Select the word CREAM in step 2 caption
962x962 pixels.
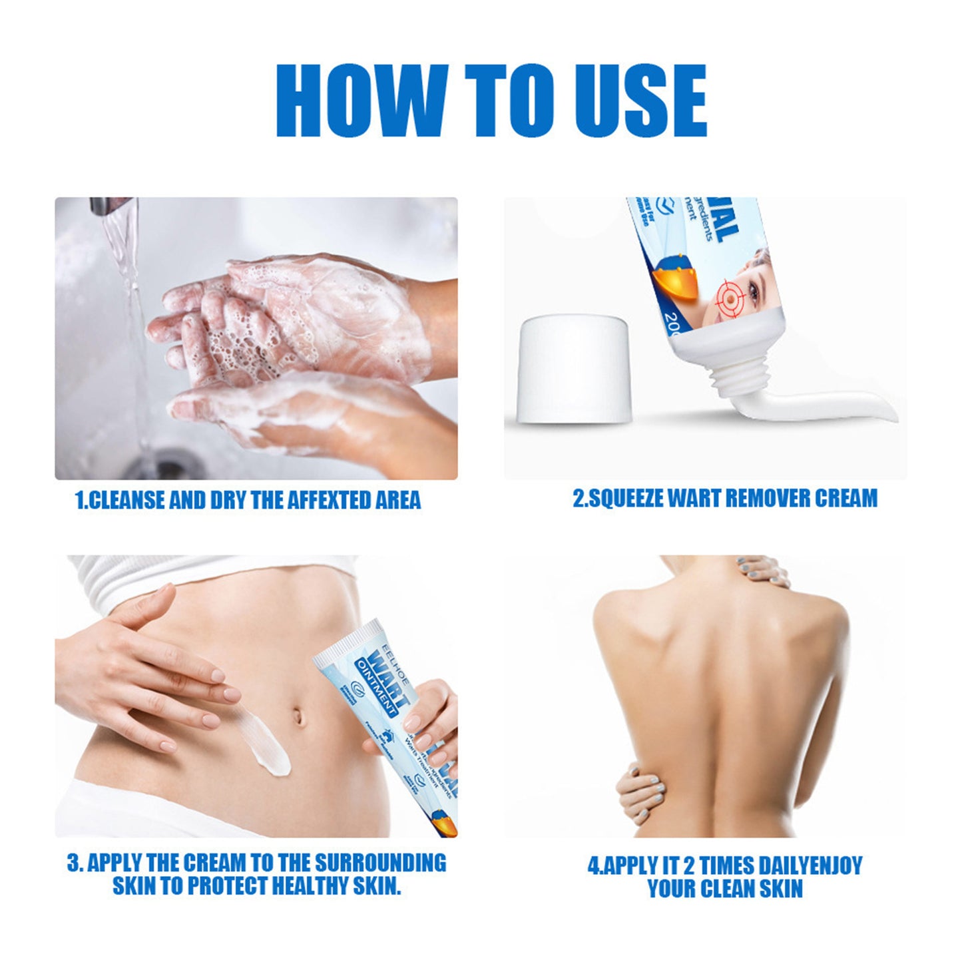(845, 498)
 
